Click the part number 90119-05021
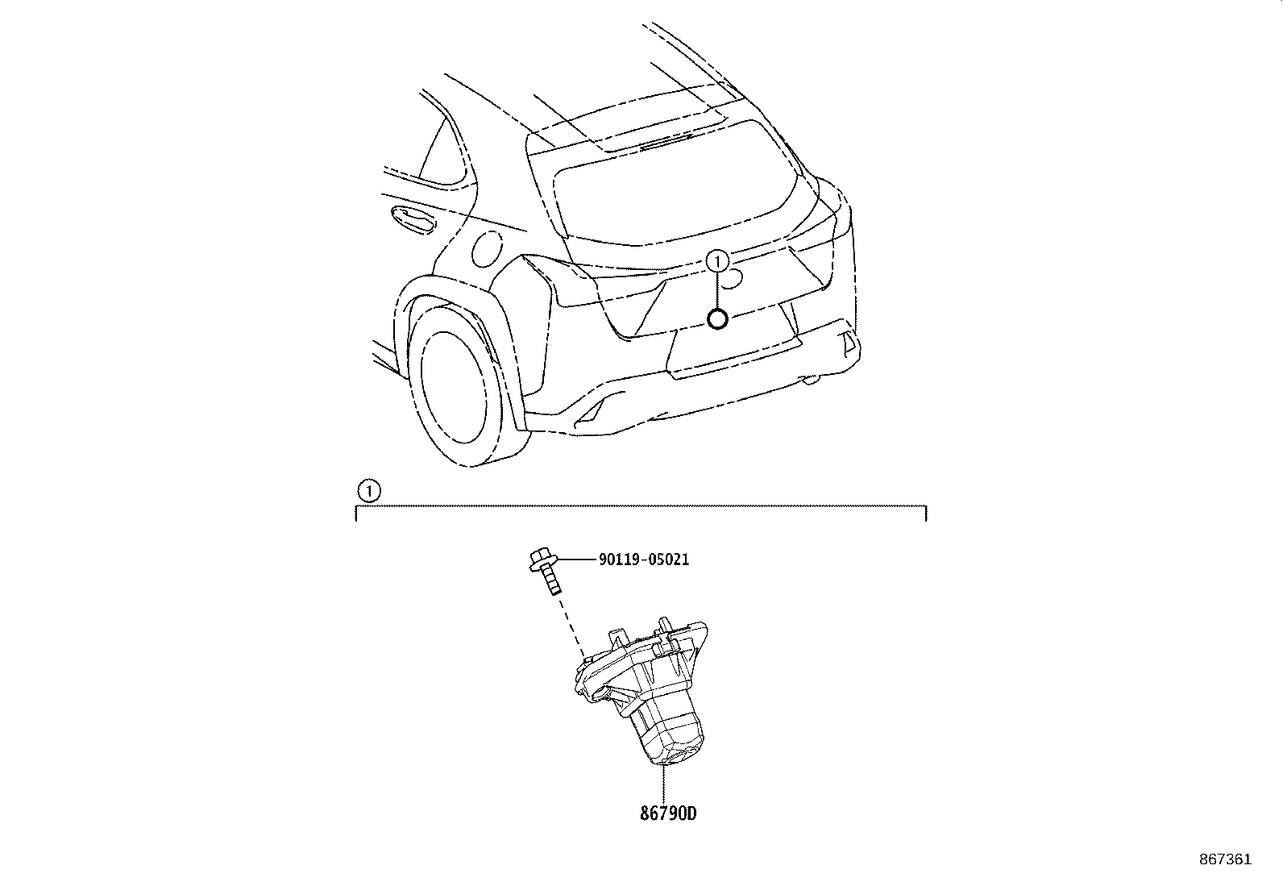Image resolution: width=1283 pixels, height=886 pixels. (644, 559)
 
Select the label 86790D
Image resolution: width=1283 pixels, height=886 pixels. (668, 813)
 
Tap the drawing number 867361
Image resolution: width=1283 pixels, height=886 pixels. (1225, 859)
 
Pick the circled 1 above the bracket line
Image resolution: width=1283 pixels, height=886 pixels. (369, 491)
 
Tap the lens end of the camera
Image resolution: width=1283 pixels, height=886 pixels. (677, 755)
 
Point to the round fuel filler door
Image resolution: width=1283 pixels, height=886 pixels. (487, 249)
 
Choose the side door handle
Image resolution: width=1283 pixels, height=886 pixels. (412, 219)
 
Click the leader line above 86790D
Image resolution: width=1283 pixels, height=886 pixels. (663, 784)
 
